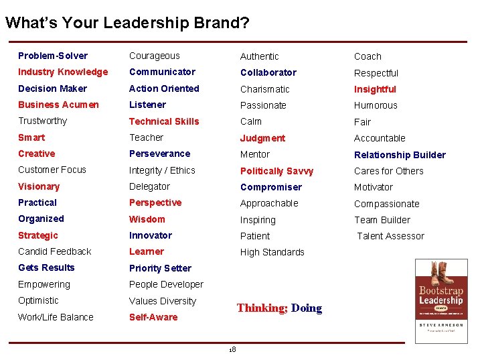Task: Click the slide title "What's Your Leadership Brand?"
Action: tap(127, 23)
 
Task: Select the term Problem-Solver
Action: tap(53, 56)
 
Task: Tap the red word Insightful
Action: tap(375, 89)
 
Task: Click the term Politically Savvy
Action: tap(276, 171)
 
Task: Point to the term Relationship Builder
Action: tap(400, 155)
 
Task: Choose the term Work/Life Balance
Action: tap(56, 317)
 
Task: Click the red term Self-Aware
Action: tap(153, 317)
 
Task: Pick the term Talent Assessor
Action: tap(390, 236)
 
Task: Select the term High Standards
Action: tap(272, 252)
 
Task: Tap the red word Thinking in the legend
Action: tap(262, 308)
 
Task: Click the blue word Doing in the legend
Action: tap(307, 308)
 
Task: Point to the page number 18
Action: tap(232, 350)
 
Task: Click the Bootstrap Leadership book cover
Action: tap(441, 301)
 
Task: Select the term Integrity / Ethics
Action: tap(162, 170)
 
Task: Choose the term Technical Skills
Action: tap(164, 121)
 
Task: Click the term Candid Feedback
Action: tap(54, 251)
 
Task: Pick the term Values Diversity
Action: tap(163, 301)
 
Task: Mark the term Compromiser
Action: tap(271, 187)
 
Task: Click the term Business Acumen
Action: tap(58, 105)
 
